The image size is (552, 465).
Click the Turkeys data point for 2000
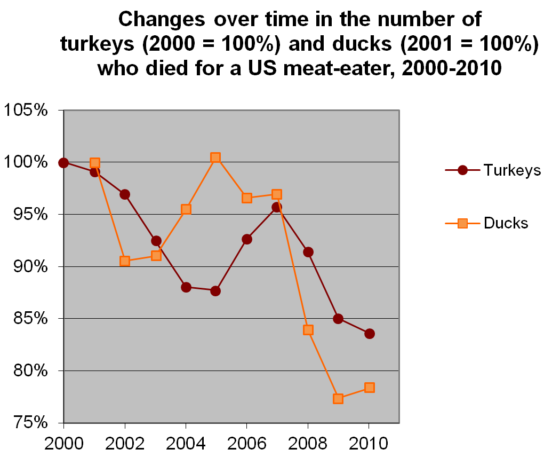(64, 163)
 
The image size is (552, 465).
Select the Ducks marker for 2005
(215, 157)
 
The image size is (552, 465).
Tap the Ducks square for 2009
(338, 399)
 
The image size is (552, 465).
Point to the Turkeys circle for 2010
(369, 334)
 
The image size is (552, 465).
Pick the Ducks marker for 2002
(125, 261)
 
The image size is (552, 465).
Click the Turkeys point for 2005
(215, 291)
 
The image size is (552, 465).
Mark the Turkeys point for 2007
(277, 207)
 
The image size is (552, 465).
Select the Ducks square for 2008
(308, 330)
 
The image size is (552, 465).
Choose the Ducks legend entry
(506, 223)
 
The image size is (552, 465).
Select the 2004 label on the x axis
(186, 443)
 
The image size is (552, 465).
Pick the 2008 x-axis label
(308, 443)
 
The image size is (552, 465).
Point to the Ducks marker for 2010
(369, 388)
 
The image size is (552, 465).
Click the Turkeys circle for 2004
(186, 287)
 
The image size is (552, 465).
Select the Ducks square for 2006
(246, 198)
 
